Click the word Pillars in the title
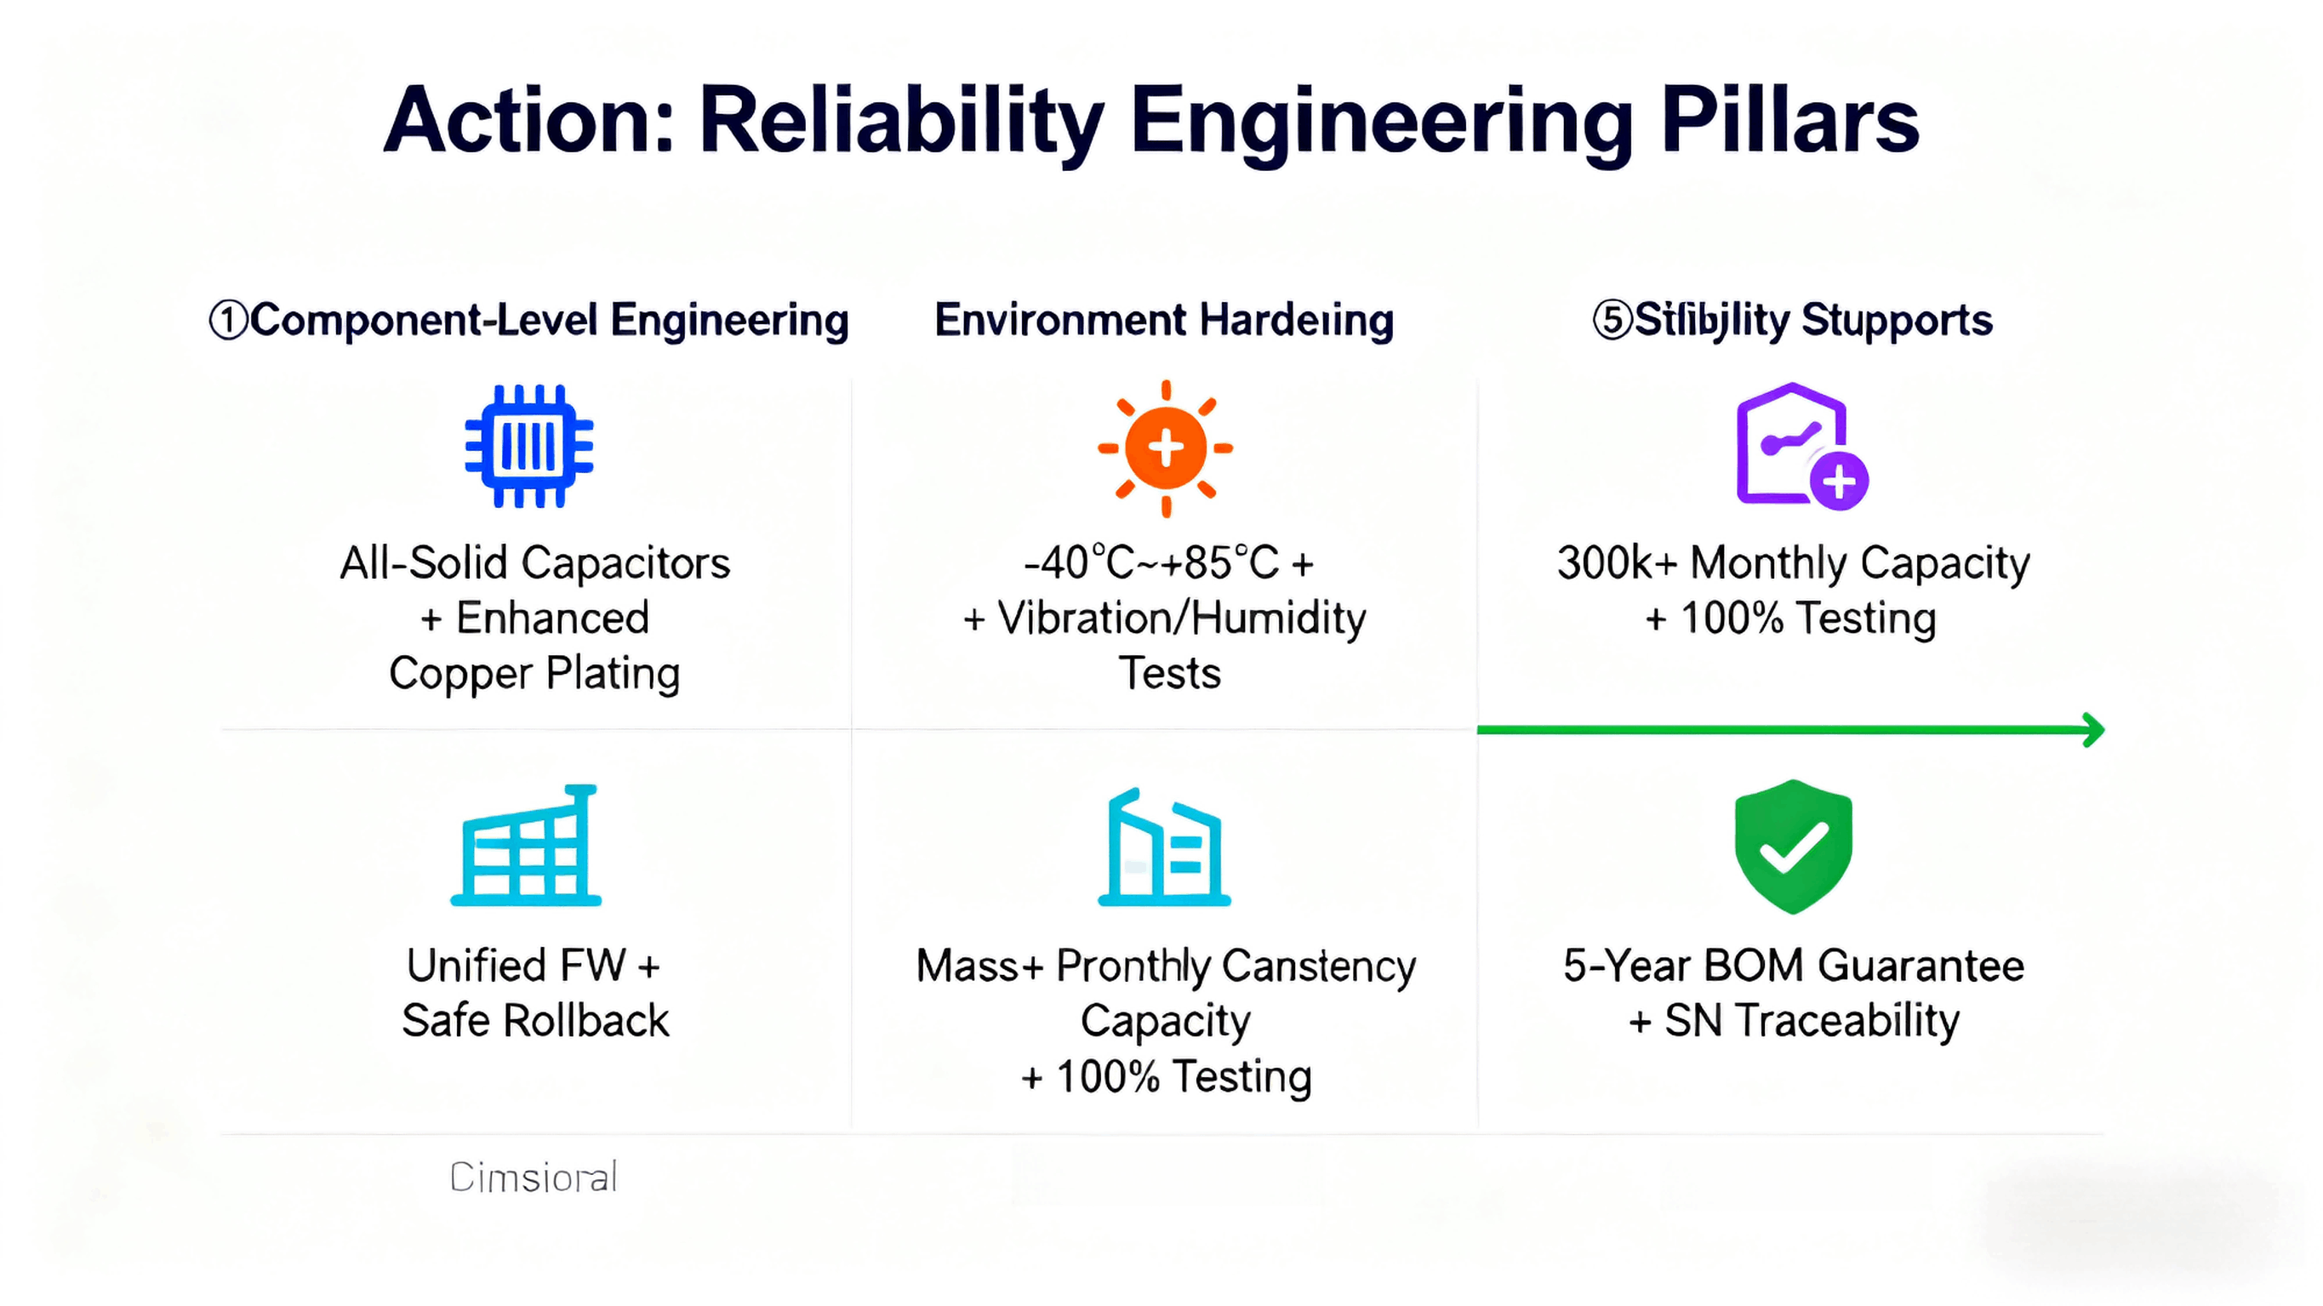point(1789,122)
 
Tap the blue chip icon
point(528,446)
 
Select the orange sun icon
point(1165,448)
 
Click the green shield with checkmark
point(1793,846)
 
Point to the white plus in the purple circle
point(1839,481)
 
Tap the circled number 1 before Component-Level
point(228,321)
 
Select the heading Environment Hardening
point(1163,321)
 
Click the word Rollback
point(585,1022)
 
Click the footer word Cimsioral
point(533,1178)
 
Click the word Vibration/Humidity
point(1181,619)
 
